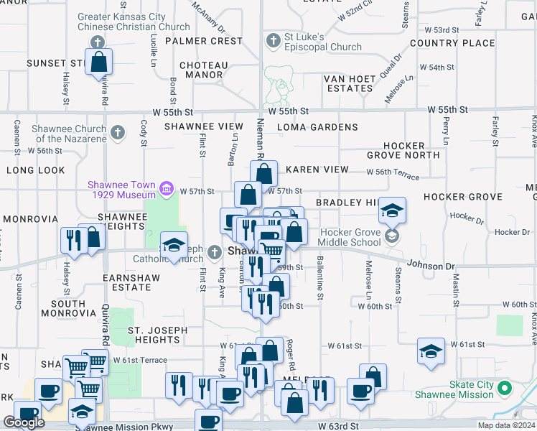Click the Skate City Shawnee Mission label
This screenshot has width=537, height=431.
pos(454,389)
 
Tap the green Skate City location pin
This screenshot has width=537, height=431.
pos(505,389)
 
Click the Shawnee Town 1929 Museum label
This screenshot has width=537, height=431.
pos(121,190)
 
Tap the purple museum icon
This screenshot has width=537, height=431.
pos(167,190)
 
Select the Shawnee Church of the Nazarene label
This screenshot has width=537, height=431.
pos(69,134)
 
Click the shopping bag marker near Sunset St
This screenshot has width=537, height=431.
pos(99,62)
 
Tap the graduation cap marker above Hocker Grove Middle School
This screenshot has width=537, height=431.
pos(393,211)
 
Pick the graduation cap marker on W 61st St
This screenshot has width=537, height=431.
pos(430,353)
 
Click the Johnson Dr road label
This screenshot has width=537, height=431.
pos(432,265)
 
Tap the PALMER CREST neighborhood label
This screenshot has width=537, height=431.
pos(204,41)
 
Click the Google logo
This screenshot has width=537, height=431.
pos(24,423)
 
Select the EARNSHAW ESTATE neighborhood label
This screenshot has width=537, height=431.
pos(127,282)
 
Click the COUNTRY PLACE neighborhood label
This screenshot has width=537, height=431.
pos(452,43)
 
